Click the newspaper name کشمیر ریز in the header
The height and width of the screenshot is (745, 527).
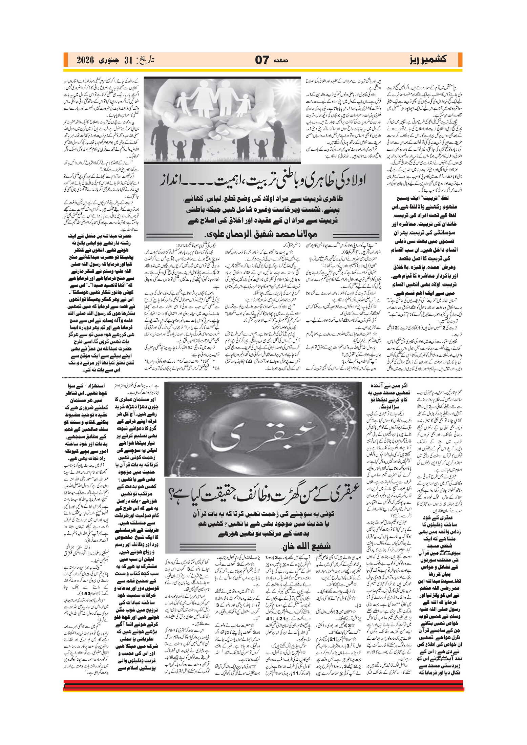[x=427, y=60]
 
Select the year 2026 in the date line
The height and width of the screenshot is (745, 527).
[x=86, y=60]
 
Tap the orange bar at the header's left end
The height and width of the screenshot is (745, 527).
[x=65, y=60]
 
